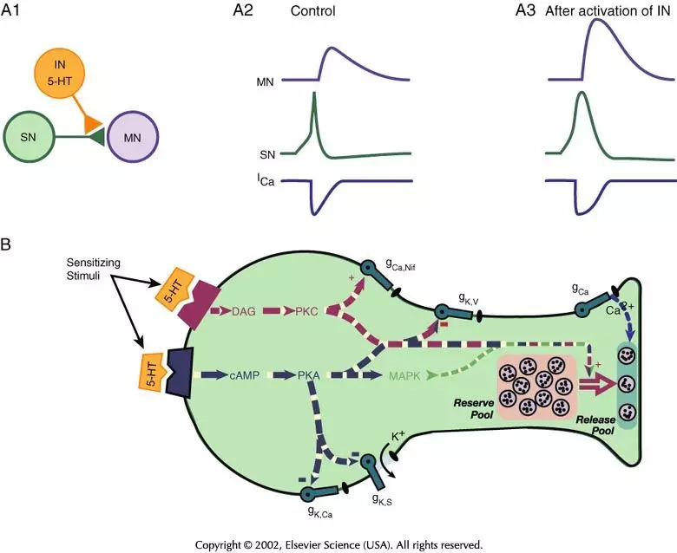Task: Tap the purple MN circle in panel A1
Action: tap(132, 138)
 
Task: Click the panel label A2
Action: tap(247, 11)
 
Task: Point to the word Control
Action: tap(314, 12)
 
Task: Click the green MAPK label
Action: tap(404, 375)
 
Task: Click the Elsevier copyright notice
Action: tap(339, 543)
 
